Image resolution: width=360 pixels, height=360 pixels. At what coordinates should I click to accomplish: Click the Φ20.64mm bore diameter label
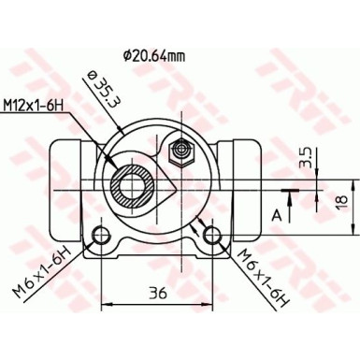pyautogui.click(x=154, y=55)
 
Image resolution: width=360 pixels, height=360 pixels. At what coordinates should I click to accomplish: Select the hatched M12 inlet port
pyautogui.click(x=130, y=183)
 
